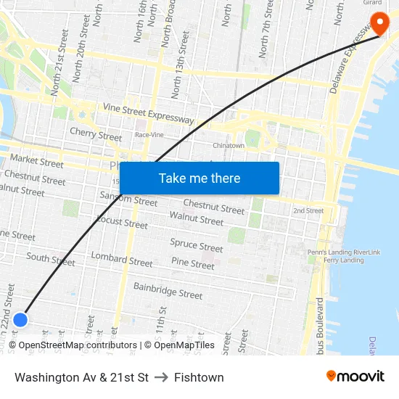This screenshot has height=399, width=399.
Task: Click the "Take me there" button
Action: point(199,178)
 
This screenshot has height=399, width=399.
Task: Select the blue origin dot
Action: point(20,319)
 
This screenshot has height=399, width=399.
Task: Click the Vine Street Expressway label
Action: point(149,113)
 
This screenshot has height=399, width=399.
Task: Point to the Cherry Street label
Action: point(96,135)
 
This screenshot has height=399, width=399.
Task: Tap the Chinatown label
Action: point(228,146)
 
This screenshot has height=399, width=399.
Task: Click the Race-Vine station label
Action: point(149,135)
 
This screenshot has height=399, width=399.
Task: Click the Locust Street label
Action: point(122,222)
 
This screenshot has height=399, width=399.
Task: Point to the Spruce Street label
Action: point(196,246)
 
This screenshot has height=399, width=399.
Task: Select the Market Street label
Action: point(37,161)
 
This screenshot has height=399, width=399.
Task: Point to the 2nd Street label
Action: point(308,211)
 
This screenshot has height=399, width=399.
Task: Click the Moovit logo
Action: point(355,377)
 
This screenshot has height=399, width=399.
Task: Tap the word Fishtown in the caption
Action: point(199,377)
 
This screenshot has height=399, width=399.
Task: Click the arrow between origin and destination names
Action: point(161,377)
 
